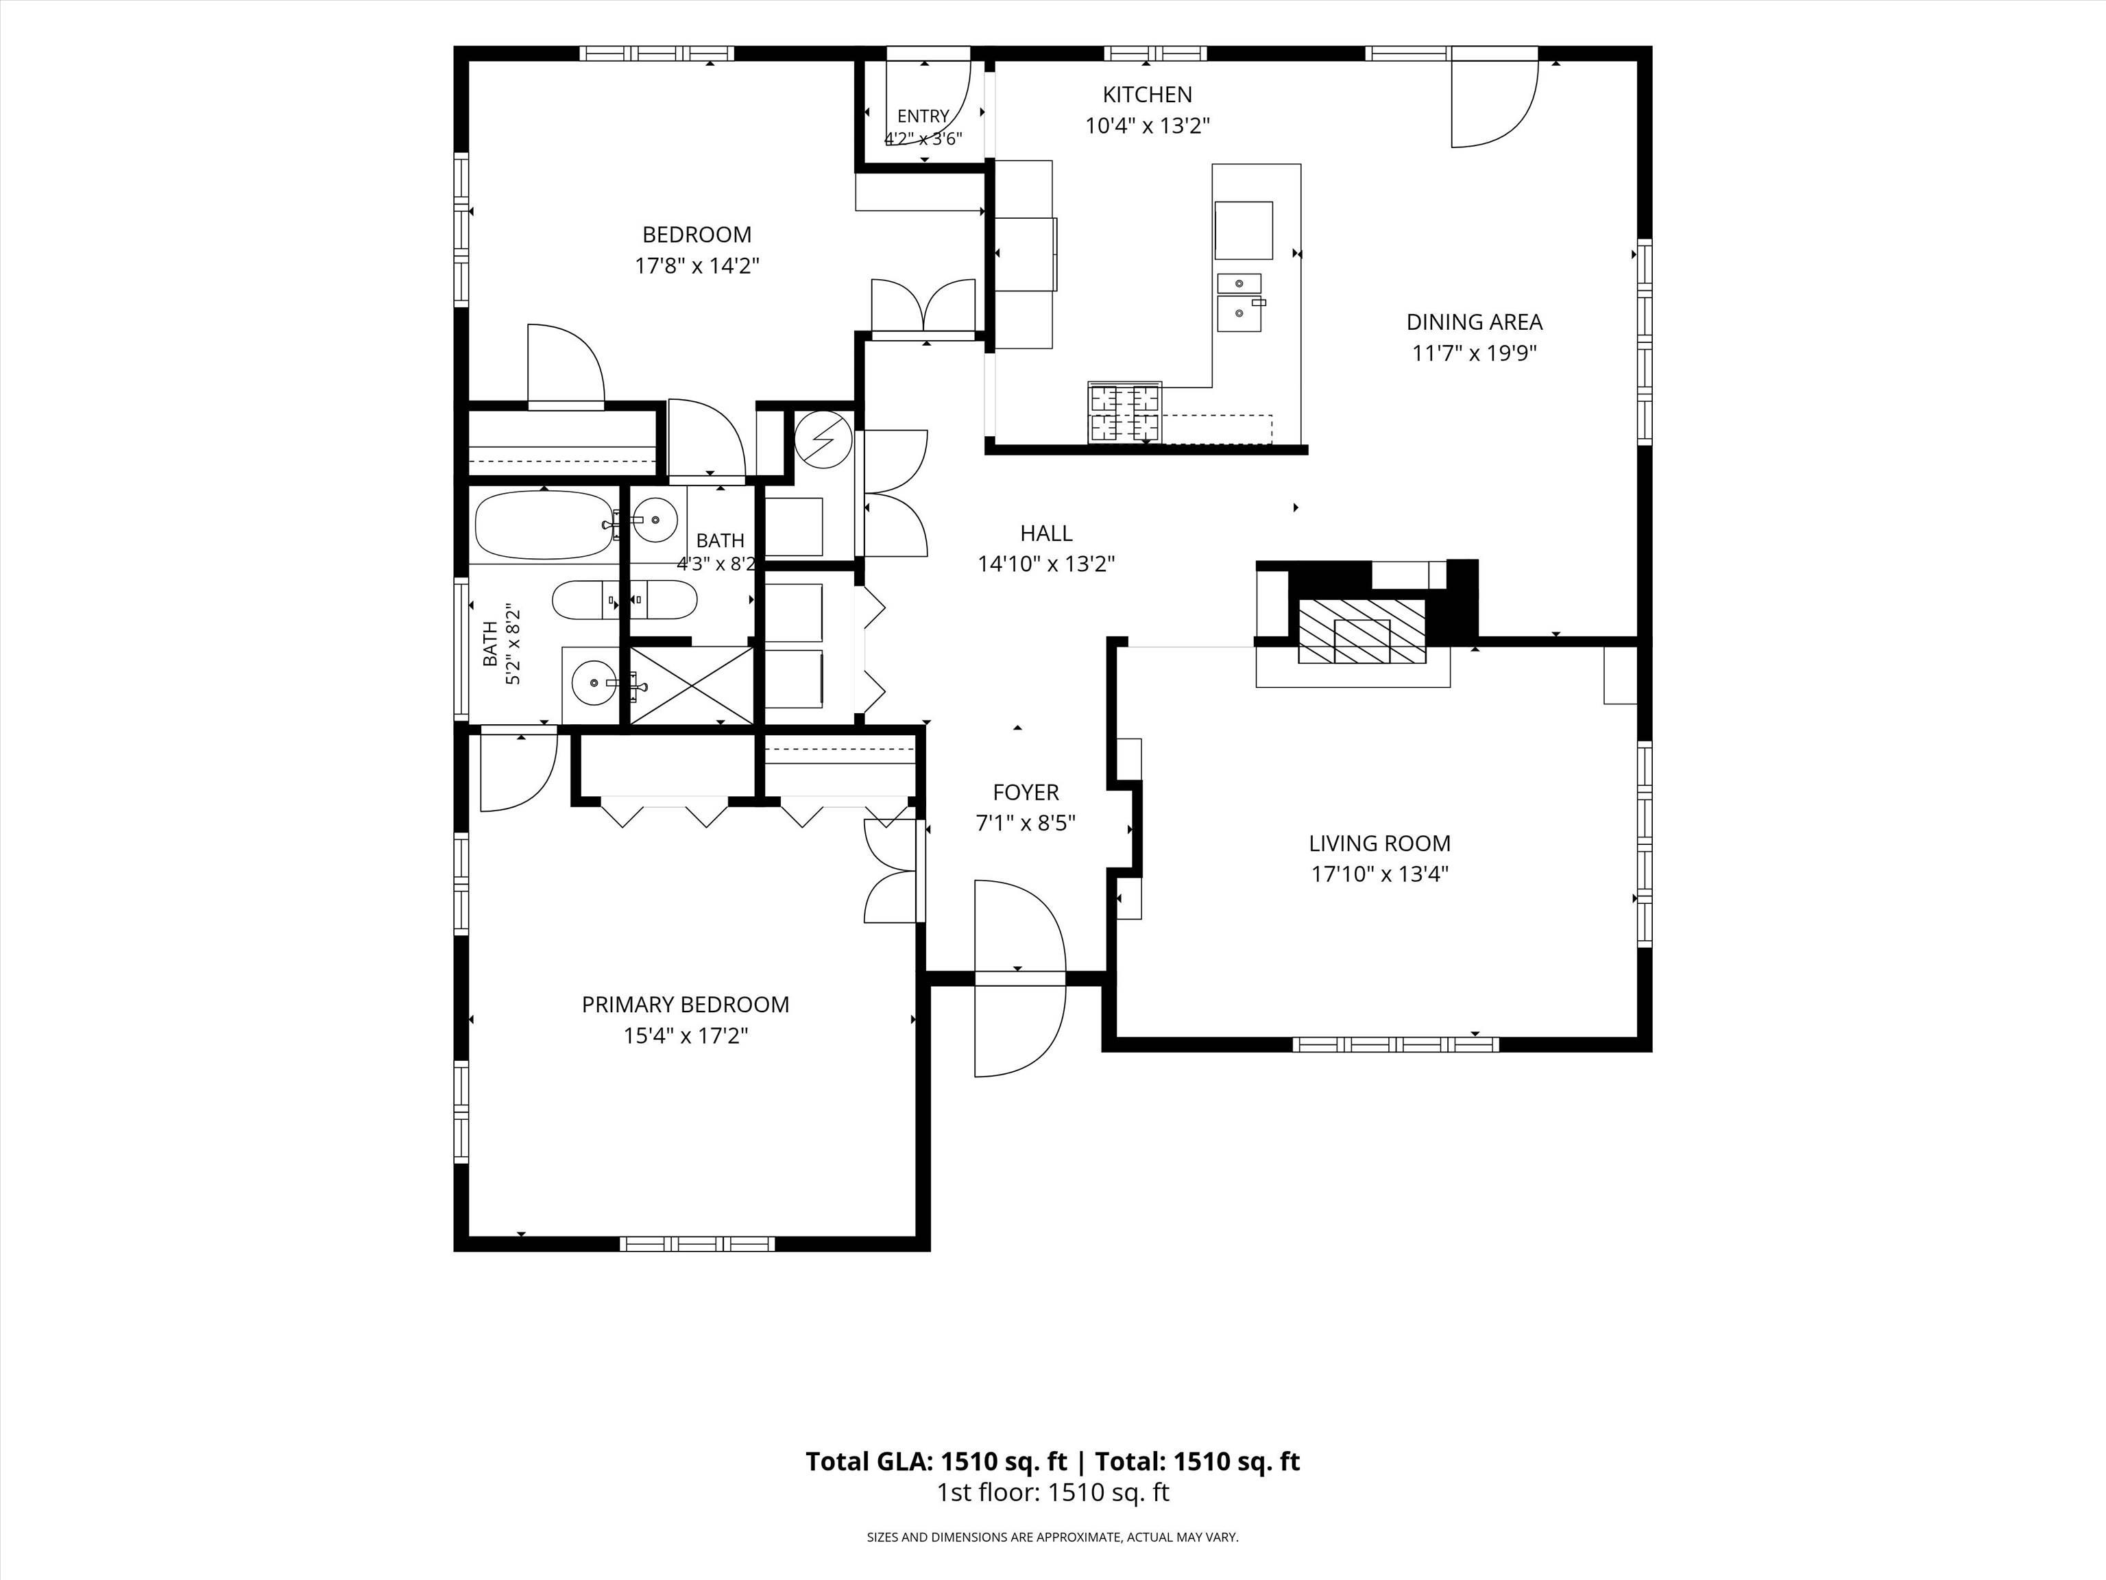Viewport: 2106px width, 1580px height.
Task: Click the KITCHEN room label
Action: pos(1147,94)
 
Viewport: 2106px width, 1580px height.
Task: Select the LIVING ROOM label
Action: pos(1379,843)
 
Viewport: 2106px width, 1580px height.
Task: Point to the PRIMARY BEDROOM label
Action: pos(686,1004)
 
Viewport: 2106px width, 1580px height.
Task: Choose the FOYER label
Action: pos(1026,791)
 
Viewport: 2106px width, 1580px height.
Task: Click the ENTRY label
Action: pos(923,116)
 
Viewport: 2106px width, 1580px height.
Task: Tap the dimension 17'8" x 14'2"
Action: pos(697,265)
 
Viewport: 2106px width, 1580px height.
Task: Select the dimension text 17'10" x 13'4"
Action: pos(1379,874)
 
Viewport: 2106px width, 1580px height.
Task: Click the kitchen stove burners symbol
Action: pos(1126,412)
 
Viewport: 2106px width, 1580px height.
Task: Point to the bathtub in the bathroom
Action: pos(544,525)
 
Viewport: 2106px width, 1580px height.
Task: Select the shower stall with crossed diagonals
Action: pos(691,685)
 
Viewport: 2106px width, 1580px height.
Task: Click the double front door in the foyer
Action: pos(1019,978)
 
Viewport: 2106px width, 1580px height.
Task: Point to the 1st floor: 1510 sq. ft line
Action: pos(1053,1492)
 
